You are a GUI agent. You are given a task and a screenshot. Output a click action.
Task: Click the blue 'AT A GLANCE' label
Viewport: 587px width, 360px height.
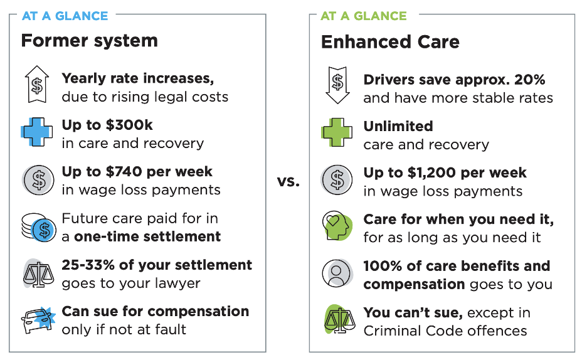(65, 16)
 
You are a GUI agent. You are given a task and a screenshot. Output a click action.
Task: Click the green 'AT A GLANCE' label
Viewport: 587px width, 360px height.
(363, 16)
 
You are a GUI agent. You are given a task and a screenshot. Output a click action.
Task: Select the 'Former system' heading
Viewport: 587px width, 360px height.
(89, 41)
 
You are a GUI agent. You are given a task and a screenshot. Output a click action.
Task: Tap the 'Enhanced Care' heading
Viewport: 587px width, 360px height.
(390, 42)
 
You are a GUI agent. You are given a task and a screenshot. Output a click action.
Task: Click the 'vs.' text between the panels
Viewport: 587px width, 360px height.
(288, 182)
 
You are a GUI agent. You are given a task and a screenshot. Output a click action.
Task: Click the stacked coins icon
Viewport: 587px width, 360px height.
(36, 228)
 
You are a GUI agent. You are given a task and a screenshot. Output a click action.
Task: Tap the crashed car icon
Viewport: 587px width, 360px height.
(36, 320)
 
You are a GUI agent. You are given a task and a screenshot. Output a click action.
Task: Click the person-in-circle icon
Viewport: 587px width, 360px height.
(337, 273)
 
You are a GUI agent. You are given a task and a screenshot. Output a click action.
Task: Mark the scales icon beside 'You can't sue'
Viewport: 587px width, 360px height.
(337, 320)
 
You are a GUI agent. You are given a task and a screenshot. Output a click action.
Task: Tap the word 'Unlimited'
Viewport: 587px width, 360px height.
(398, 126)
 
